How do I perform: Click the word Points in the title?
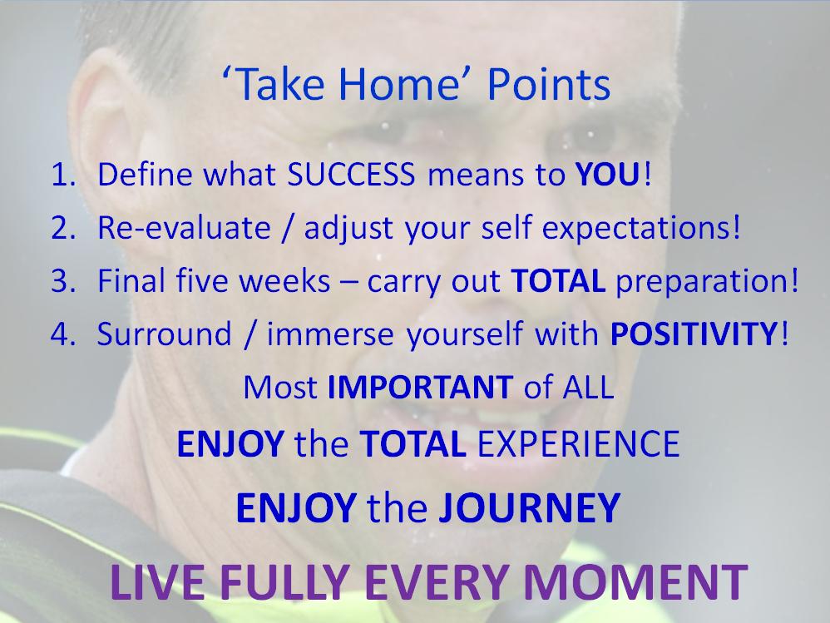coord(549,85)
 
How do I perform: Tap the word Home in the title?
coord(398,85)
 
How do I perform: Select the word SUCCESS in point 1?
coord(351,174)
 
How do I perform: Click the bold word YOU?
coord(608,174)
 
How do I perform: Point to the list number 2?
coord(63,228)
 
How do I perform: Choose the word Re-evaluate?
coord(184,228)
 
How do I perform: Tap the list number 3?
coord(63,280)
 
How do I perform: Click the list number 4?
coord(63,334)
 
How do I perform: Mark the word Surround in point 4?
coord(165,334)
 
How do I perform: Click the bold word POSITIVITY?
coord(693,334)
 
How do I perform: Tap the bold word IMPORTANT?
coord(420,388)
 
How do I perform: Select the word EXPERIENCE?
coord(579,443)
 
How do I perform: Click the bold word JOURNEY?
coord(529,507)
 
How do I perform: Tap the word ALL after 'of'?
coord(588,388)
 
